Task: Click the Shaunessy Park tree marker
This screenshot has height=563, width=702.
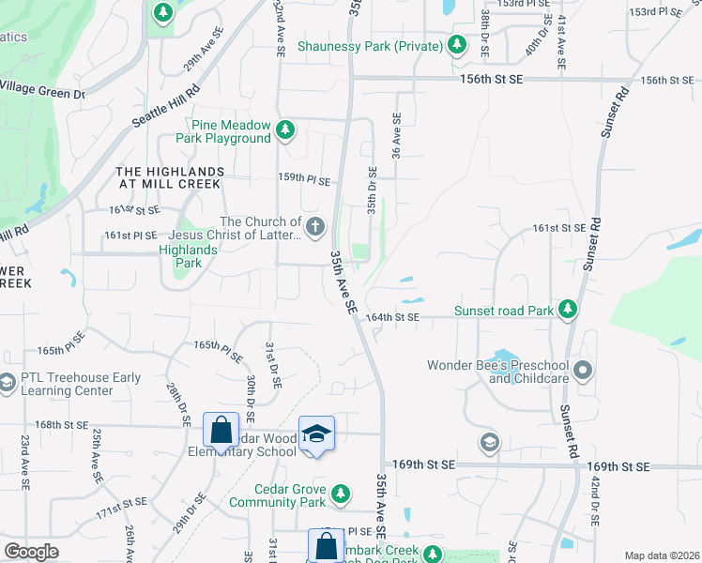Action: pyautogui.click(x=457, y=44)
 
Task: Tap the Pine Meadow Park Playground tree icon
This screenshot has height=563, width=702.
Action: pyautogui.click(x=287, y=130)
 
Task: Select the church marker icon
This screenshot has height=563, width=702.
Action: pyautogui.click(x=315, y=226)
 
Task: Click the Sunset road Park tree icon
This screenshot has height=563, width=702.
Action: pyautogui.click(x=566, y=309)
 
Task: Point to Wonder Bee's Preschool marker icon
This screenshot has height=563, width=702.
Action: pyautogui.click(x=583, y=370)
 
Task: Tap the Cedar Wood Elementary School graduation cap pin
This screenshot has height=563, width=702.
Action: pyautogui.click(x=316, y=433)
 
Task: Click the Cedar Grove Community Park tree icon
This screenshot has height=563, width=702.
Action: pyautogui.click(x=341, y=494)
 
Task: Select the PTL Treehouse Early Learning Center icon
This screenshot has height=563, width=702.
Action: pyautogui.click(x=8, y=383)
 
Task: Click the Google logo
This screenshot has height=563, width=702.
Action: pyautogui.click(x=32, y=552)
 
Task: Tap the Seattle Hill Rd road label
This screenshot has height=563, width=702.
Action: pyautogui.click(x=166, y=109)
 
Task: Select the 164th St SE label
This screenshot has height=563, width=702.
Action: pyautogui.click(x=391, y=318)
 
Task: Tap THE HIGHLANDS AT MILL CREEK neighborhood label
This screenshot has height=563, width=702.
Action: pyautogui.click(x=170, y=177)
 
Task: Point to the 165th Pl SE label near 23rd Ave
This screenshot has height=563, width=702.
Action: pyautogui.click(x=61, y=350)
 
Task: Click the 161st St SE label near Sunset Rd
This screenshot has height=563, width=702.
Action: pyautogui.click(x=558, y=227)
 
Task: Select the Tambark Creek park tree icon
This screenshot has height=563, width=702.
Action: pyautogui.click(x=433, y=554)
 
